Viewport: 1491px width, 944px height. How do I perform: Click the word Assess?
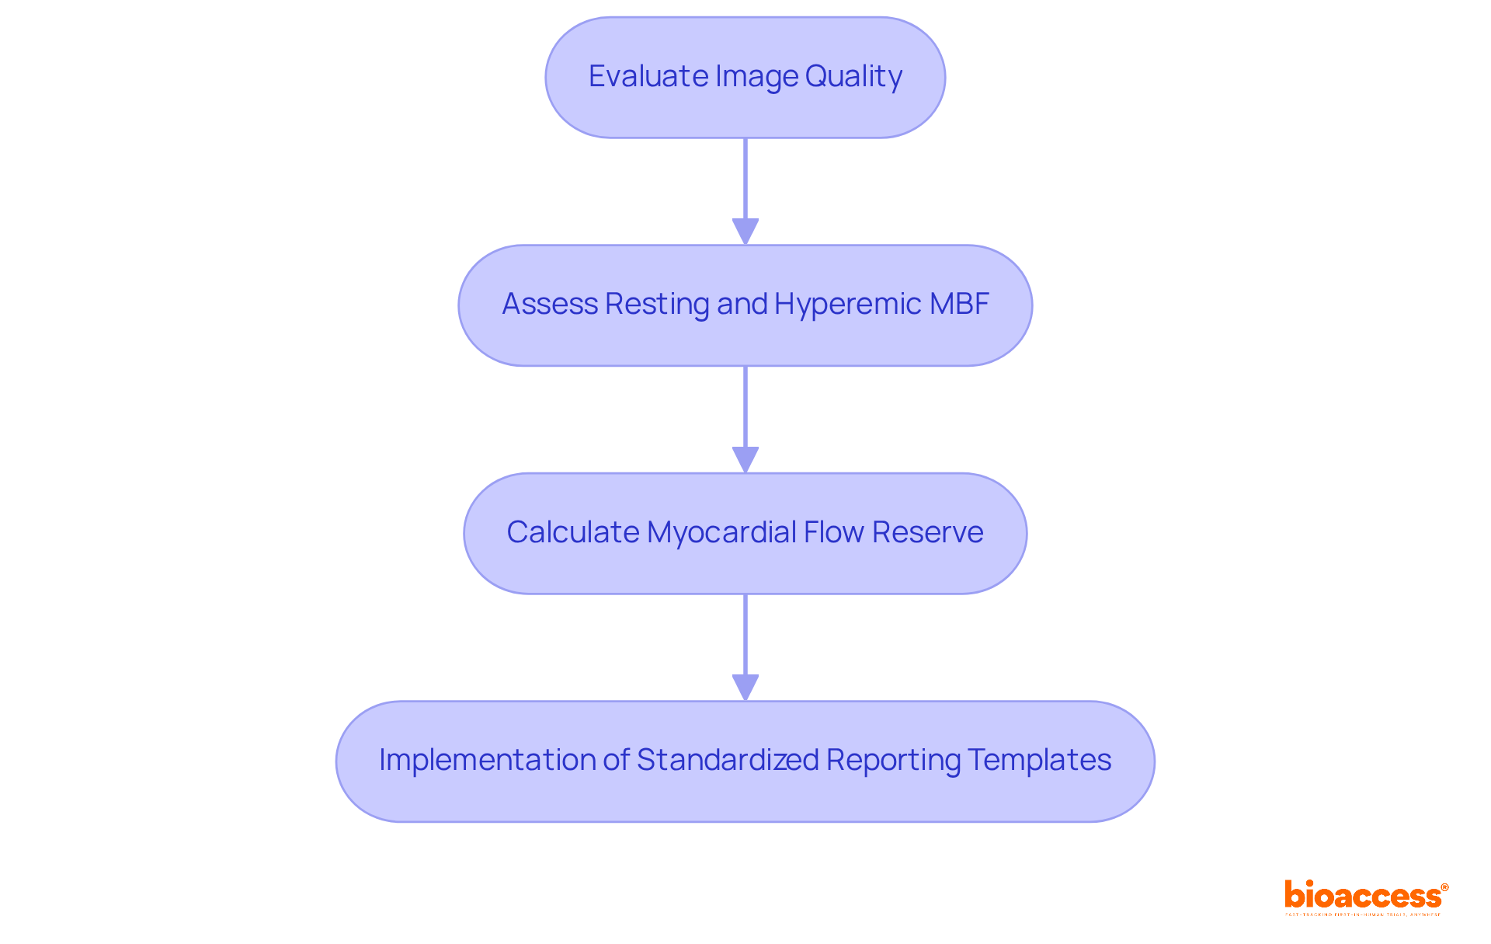pyautogui.click(x=549, y=304)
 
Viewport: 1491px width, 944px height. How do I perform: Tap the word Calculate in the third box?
pyautogui.click(x=573, y=532)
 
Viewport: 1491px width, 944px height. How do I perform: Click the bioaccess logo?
pyautogui.click(x=1364, y=896)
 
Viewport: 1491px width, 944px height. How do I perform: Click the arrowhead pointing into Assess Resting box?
pyautogui.click(x=745, y=232)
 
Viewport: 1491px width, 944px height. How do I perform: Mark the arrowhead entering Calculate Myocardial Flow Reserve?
pyautogui.click(x=745, y=459)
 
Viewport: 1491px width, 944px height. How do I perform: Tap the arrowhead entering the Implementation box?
pyautogui.click(x=745, y=688)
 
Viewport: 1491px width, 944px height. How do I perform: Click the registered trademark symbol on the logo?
pyautogui.click(x=1444, y=887)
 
